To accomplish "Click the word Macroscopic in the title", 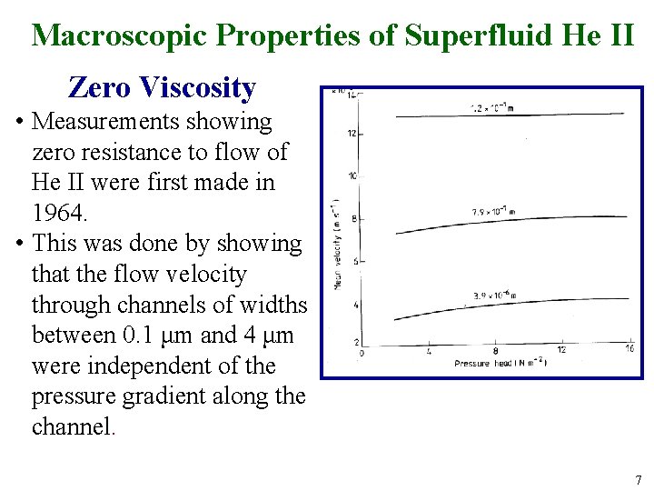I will point(121,35).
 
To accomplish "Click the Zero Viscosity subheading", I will point(162,87).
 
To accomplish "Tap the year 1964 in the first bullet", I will point(57,213).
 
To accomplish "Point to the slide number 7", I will point(639,479).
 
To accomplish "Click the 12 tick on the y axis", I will point(351,135).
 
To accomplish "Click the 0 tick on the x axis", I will point(362,352).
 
